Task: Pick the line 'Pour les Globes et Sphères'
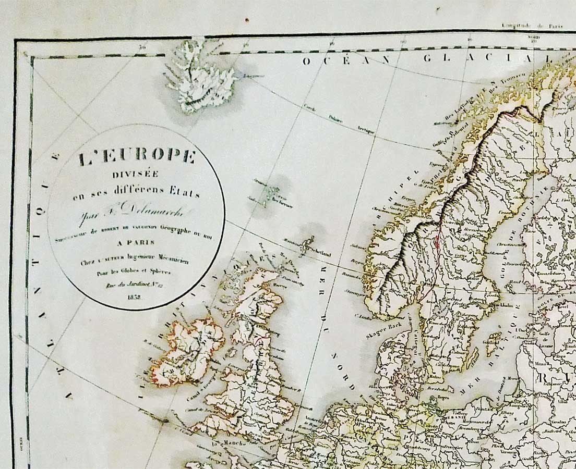[x=136, y=272]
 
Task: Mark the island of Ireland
[x=186, y=352]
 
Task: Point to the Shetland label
[x=320, y=254]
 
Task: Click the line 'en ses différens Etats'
[x=136, y=194]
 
